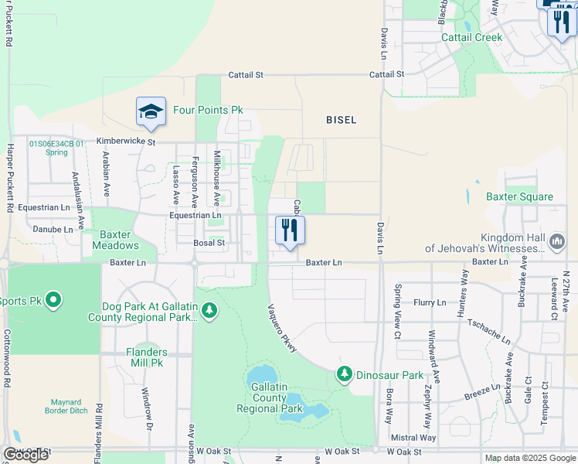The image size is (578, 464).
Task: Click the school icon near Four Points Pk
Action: [x=151, y=111]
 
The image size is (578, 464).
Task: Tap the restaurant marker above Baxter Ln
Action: [x=291, y=230]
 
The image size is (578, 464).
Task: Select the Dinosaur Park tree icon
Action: [x=345, y=374]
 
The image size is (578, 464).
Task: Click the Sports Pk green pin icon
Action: [x=53, y=300]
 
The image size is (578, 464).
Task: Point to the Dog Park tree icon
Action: [x=209, y=310]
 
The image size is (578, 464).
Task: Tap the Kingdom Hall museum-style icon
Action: [x=556, y=243]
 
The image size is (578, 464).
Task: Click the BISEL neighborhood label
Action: [x=341, y=120]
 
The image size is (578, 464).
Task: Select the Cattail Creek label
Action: [x=471, y=37]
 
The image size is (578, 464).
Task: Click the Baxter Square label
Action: [x=519, y=196]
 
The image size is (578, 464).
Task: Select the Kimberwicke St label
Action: [x=126, y=142]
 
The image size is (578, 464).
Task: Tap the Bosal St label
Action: [x=209, y=243]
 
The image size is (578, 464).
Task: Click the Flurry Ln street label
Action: [x=430, y=302]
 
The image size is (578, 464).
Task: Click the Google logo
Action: [x=25, y=455]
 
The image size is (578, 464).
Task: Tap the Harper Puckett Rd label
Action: [x=10, y=178]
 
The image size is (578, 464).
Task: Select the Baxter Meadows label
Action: [x=115, y=240]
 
